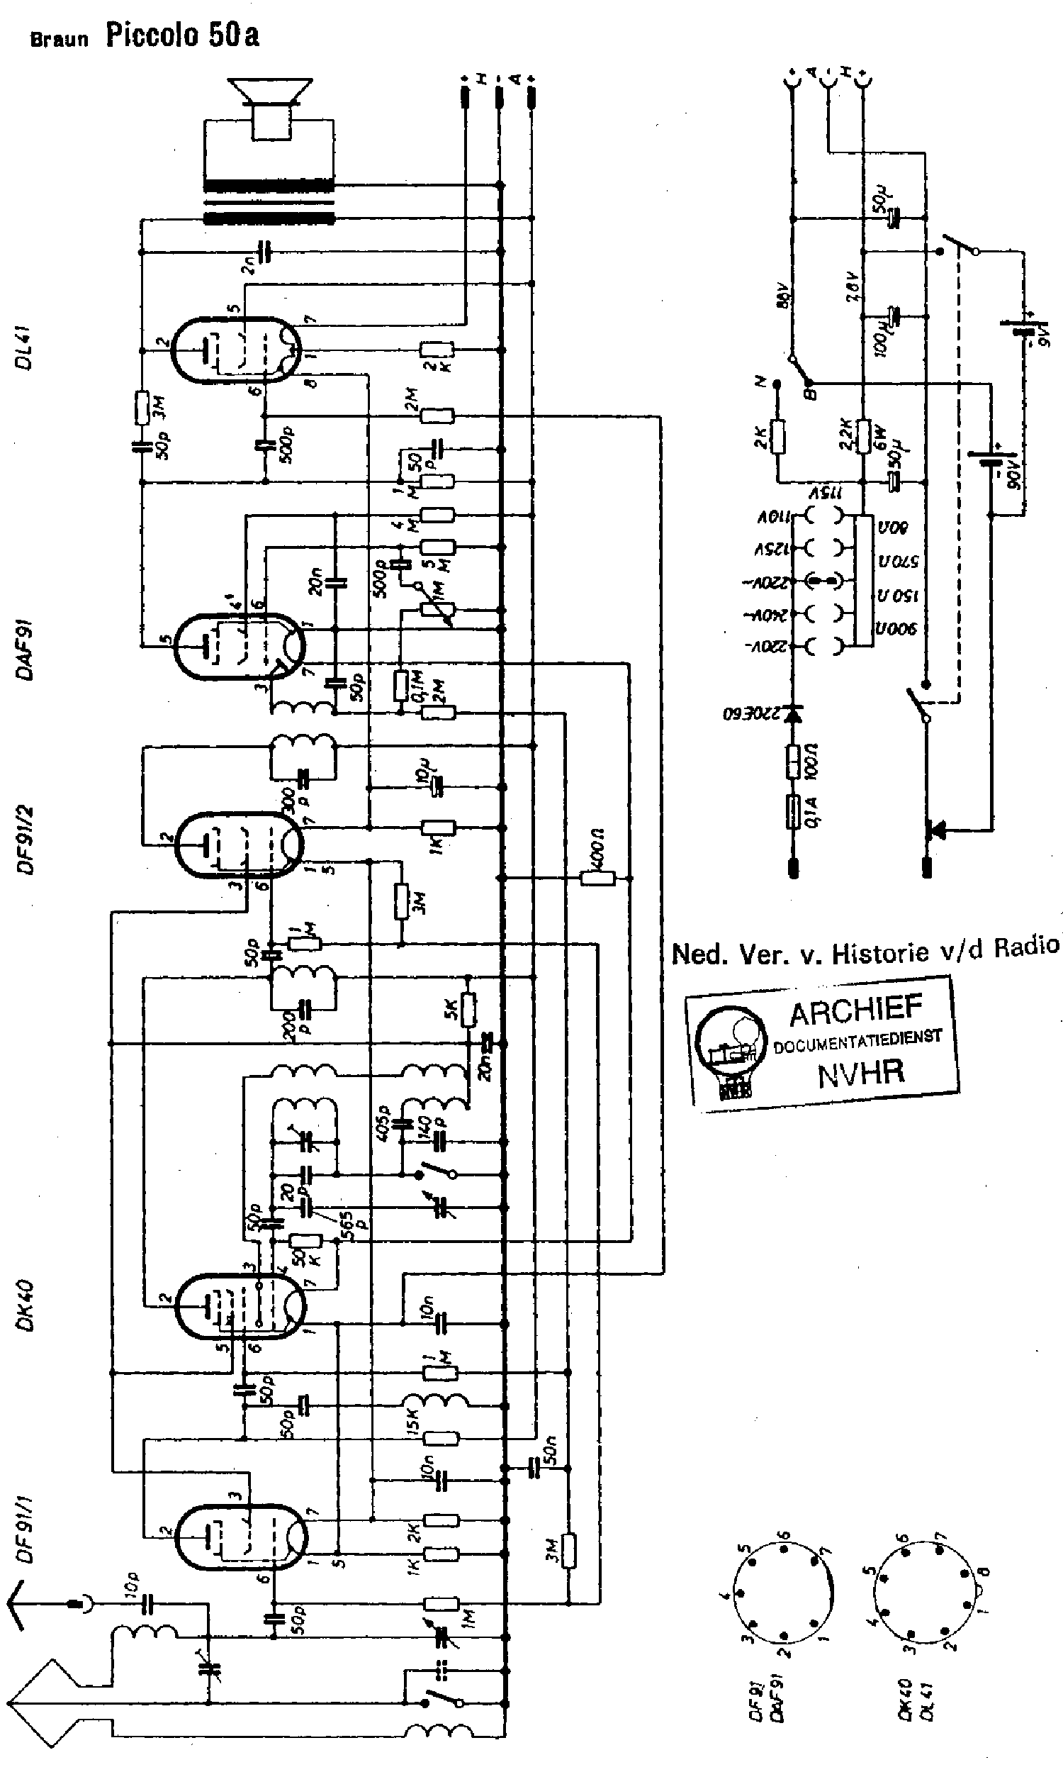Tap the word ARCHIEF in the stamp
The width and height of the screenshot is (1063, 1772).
[x=855, y=1011]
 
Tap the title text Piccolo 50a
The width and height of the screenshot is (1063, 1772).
[x=183, y=35]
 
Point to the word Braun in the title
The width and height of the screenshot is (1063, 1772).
[x=59, y=39]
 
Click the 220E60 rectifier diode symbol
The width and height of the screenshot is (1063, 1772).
[x=792, y=714]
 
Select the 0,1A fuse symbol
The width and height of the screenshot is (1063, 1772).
[x=792, y=811]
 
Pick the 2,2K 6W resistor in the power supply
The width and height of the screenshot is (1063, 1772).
[x=863, y=434]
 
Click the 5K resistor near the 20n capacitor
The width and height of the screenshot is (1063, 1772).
[x=468, y=1010]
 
